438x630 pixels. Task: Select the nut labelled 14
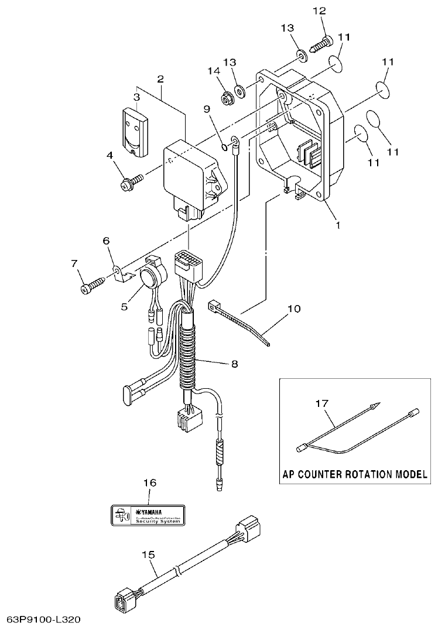(x=227, y=97)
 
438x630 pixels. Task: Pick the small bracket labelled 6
(x=121, y=273)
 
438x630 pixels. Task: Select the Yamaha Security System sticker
(x=148, y=513)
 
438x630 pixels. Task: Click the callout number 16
(x=150, y=482)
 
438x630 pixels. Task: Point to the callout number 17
(x=322, y=403)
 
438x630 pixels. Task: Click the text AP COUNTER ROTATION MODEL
(x=355, y=474)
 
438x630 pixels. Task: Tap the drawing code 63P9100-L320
(x=44, y=619)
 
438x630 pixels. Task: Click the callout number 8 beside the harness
(x=234, y=364)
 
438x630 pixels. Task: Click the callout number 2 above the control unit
(x=160, y=78)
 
